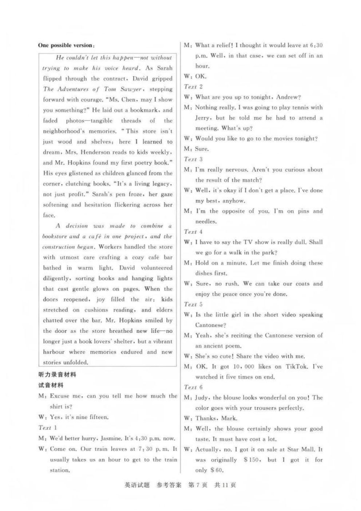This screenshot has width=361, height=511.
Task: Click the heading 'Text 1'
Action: [48, 428]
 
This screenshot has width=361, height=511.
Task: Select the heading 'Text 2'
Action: [193, 87]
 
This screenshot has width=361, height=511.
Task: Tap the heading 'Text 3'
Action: [193, 159]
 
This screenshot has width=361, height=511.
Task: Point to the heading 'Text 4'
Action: [193, 232]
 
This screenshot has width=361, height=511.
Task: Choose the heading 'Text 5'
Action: [193, 304]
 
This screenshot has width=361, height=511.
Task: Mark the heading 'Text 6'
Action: [193, 387]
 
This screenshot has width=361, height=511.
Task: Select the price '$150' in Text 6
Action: [251, 460]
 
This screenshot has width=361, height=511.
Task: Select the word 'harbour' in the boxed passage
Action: [53, 352]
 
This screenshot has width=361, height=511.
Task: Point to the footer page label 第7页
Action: [197, 485]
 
